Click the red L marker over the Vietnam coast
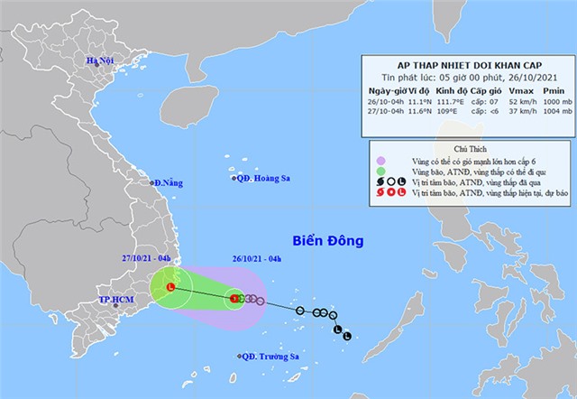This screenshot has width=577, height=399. coord(171,287)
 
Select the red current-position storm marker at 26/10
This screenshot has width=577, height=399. coord(234,297)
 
